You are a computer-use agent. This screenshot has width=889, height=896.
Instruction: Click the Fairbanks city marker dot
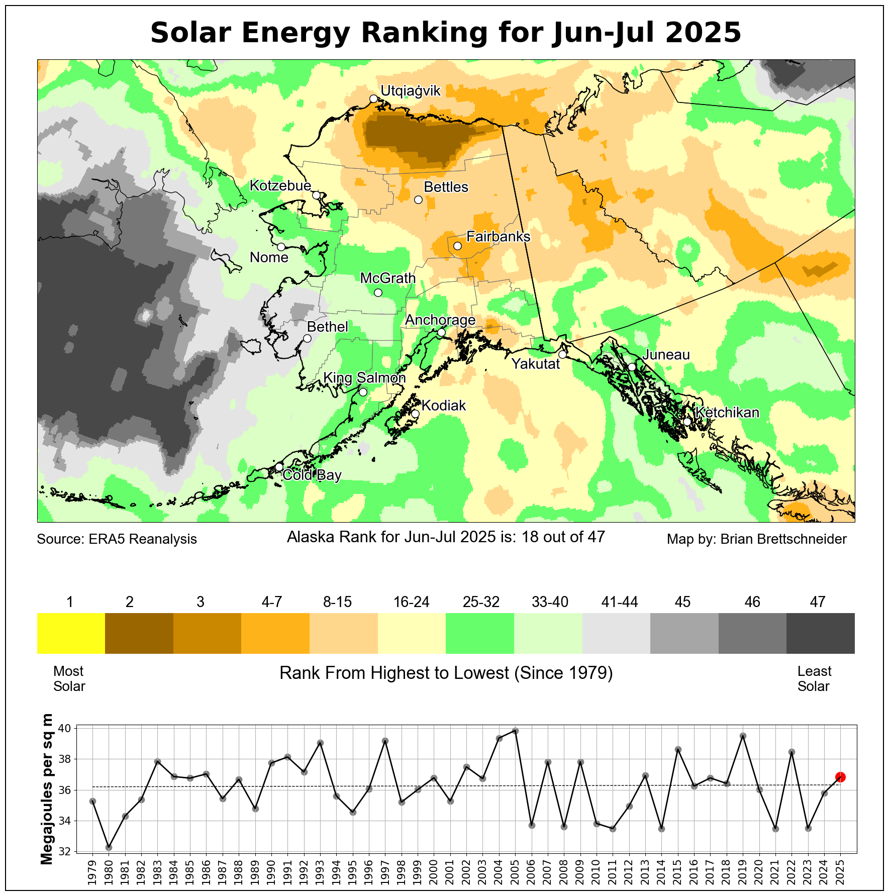click(457, 246)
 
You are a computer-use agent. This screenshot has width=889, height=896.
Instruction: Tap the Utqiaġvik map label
click(410, 91)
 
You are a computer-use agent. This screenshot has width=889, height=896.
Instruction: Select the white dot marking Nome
click(281, 247)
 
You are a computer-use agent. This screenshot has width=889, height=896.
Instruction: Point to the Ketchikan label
click(727, 413)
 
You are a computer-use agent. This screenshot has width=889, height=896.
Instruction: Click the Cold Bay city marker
click(279, 467)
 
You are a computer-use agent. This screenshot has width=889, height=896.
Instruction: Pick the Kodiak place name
click(443, 406)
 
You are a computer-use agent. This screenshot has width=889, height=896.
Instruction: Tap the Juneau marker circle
click(632, 367)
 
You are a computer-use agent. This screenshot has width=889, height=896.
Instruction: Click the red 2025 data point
click(840, 777)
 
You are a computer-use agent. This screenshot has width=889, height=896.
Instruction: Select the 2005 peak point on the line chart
click(515, 731)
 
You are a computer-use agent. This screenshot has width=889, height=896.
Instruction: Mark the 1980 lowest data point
click(109, 847)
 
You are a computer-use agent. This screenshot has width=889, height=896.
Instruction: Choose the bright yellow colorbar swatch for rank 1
click(71, 633)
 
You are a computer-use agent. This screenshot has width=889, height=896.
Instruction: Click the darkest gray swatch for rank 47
click(820, 633)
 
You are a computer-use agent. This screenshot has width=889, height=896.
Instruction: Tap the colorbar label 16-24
click(411, 602)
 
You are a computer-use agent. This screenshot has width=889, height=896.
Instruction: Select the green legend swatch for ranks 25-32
click(479, 633)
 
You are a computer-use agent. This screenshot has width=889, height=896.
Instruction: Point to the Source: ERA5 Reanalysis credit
click(117, 539)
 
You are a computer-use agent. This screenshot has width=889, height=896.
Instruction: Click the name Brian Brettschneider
click(783, 539)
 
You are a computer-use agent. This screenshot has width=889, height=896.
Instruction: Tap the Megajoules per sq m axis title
click(47, 788)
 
